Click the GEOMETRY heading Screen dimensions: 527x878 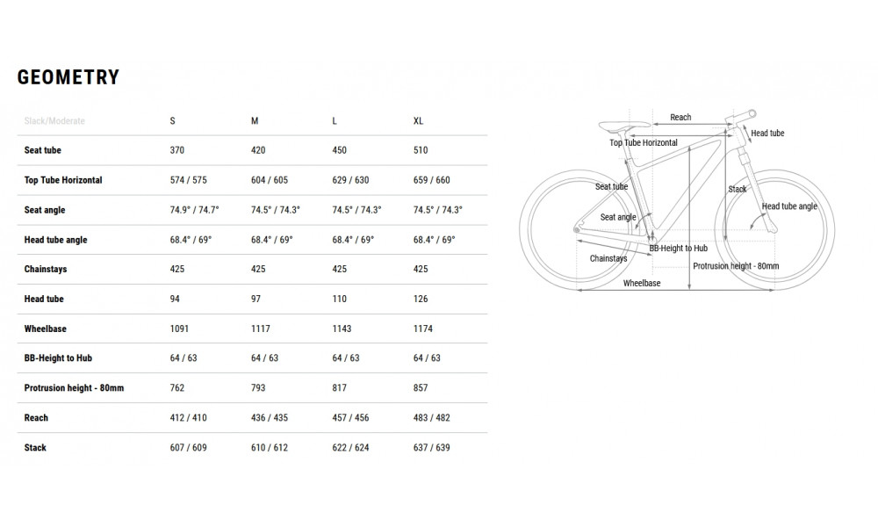click(68, 77)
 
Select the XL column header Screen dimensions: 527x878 click(419, 120)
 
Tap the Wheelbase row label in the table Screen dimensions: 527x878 click(46, 328)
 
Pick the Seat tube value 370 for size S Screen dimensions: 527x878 click(177, 150)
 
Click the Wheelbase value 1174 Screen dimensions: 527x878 click(425, 328)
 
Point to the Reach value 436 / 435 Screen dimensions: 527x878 click(270, 418)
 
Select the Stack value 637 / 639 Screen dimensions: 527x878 click(432, 448)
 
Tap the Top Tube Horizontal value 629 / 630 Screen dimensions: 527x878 click(350, 180)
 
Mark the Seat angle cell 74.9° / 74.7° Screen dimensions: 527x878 click(194, 210)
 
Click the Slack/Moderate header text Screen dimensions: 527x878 click(54, 120)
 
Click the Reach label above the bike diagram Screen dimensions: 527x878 click(680, 117)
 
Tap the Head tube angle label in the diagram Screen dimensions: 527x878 click(789, 206)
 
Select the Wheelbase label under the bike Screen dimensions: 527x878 click(642, 284)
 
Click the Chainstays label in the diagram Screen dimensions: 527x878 click(608, 259)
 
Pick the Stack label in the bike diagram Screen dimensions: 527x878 click(738, 189)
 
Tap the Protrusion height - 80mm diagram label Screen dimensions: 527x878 click(736, 264)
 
